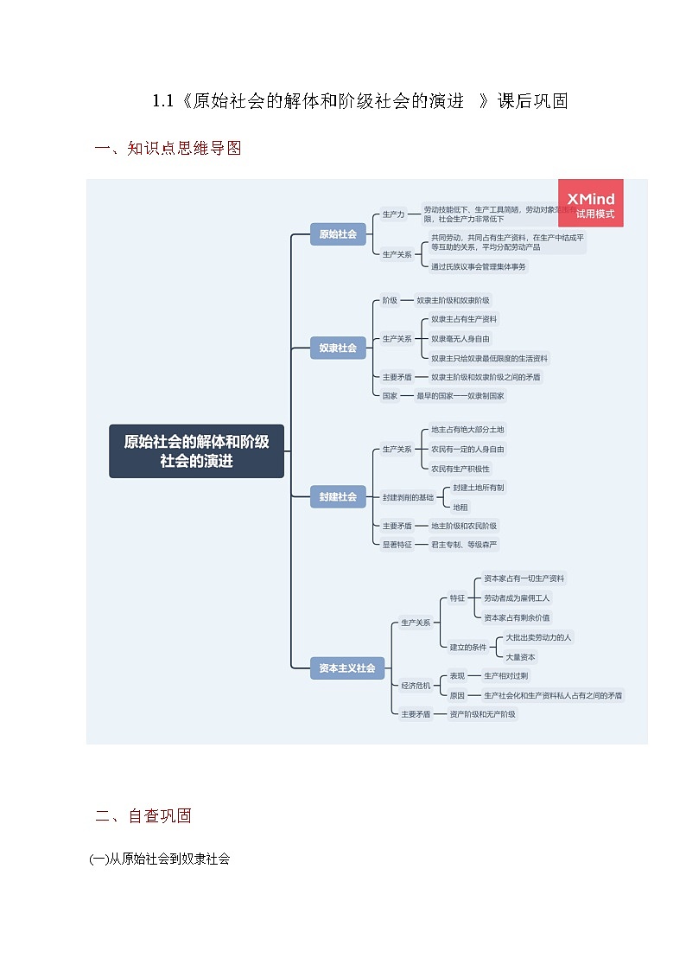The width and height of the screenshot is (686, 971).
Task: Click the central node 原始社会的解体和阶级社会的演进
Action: tap(196, 450)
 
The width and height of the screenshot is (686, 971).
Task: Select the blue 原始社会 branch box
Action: tap(338, 233)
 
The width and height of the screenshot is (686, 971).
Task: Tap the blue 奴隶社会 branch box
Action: tap(338, 348)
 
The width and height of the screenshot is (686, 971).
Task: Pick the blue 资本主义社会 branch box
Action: tap(347, 668)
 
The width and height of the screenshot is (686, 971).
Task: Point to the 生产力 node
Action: tap(393, 214)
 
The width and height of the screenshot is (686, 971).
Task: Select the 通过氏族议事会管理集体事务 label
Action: tap(479, 266)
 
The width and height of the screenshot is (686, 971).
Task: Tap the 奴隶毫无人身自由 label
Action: tap(461, 339)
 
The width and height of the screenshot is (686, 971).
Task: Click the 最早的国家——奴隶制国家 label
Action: tap(461, 396)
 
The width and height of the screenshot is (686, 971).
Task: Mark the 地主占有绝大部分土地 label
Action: tap(467, 430)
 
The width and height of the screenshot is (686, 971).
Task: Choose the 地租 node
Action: tap(461, 507)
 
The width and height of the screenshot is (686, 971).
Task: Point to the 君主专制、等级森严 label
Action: tap(464, 545)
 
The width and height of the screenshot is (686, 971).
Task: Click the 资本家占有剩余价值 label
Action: tap(517, 617)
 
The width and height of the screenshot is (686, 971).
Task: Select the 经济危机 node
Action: tap(416, 686)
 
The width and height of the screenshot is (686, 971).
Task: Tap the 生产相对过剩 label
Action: tap(506, 676)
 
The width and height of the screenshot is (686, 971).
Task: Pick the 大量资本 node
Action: tap(521, 657)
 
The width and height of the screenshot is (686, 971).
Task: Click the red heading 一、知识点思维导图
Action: tap(168, 148)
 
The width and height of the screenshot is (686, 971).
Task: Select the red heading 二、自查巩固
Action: tap(143, 815)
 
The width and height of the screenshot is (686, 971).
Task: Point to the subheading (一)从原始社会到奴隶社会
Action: tap(160, 859)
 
